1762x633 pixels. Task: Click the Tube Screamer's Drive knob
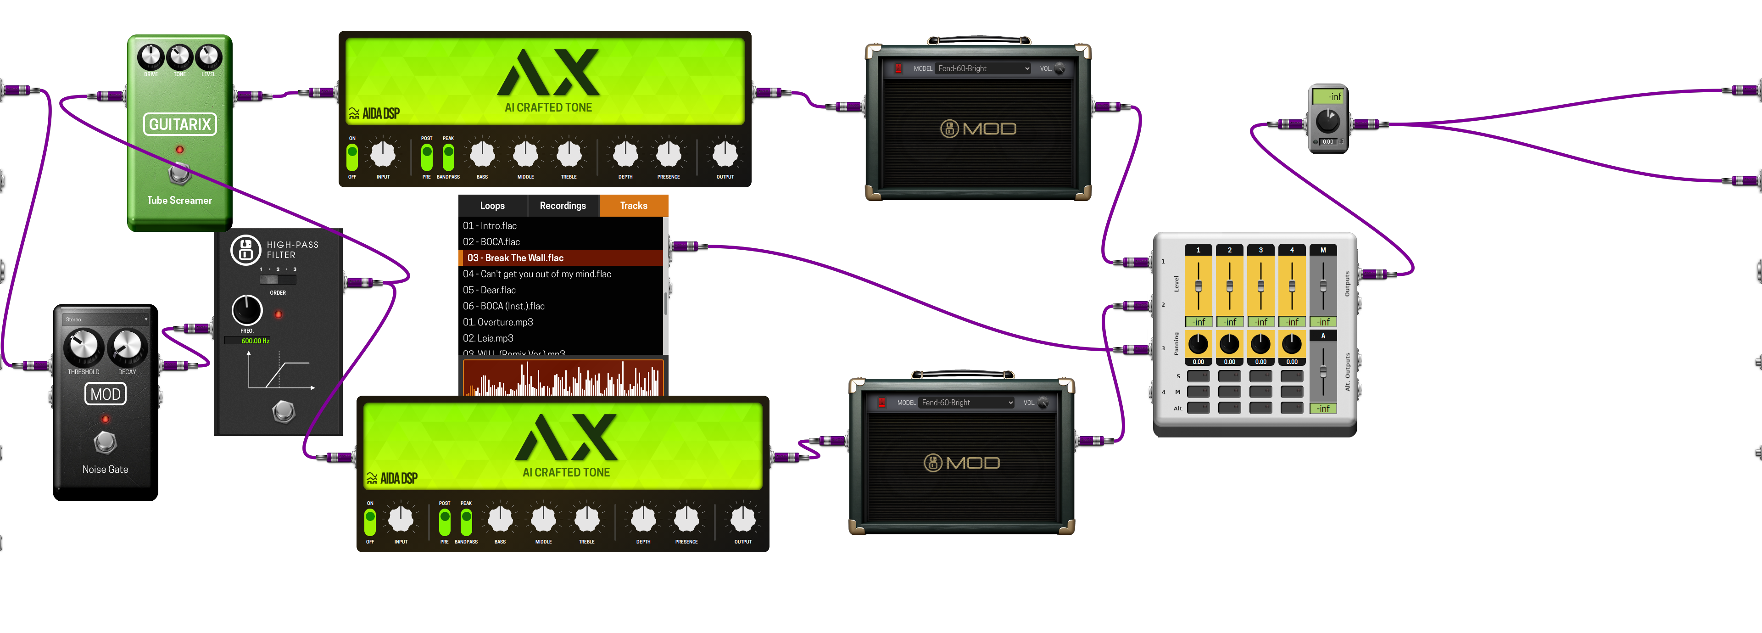tap(151, 57)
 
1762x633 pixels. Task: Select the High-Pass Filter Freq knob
tap(247, 311)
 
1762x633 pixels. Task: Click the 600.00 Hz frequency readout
tap(255, 341)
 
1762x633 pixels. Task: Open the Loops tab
tap(492, 205)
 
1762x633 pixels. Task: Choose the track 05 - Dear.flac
tap(489, 290)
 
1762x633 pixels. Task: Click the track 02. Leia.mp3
tap(488, 338)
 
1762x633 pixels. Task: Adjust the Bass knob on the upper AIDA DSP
tap(482, 155)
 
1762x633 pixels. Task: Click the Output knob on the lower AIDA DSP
tap(743, 520)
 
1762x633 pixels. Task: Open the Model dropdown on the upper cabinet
tap(983, 68)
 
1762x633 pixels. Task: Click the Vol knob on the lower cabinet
tap(1043, 403)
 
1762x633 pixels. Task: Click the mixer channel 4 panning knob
tap(1291, 343)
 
